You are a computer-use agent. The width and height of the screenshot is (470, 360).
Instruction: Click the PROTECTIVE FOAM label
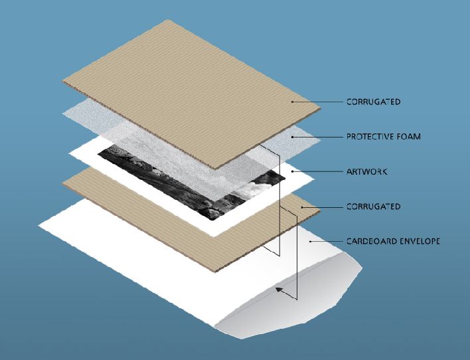tap(384, 137)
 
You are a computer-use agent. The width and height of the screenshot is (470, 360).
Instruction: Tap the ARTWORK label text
tap(366, 171)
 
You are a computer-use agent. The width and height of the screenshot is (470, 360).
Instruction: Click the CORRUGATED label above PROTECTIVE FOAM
tap(373, 102)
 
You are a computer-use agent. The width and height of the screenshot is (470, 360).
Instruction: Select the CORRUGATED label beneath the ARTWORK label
tap(373, 207)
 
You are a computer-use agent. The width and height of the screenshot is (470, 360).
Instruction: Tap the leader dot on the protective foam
tap(292, 137)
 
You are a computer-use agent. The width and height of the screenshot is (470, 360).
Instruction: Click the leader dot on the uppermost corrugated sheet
tap(292, 102)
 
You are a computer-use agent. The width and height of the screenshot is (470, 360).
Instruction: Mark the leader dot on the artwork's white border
tap(292, 171)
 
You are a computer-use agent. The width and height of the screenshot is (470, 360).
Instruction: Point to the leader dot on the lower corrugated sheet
tap(302, 207)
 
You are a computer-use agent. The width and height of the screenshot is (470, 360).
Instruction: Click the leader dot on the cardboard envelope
tap(311, 241)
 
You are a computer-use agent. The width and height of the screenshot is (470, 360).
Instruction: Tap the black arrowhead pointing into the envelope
tap(279, 290)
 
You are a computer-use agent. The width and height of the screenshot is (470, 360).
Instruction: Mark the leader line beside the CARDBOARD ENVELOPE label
tap(327, 241)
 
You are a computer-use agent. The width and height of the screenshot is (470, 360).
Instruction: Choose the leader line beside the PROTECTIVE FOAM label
tap(317, 137)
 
